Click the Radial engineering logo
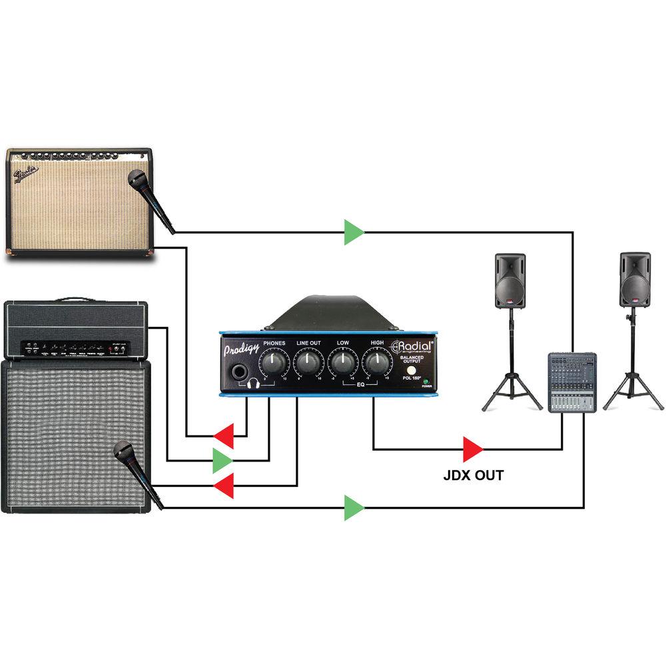tap(412, 346)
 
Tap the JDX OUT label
tap(474, 476)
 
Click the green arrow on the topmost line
tap(354, 232)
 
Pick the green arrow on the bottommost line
tap(354, 509)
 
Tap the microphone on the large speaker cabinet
tap(136, 470)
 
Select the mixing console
tap(571, 384)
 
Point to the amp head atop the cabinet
tap(75, 330)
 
